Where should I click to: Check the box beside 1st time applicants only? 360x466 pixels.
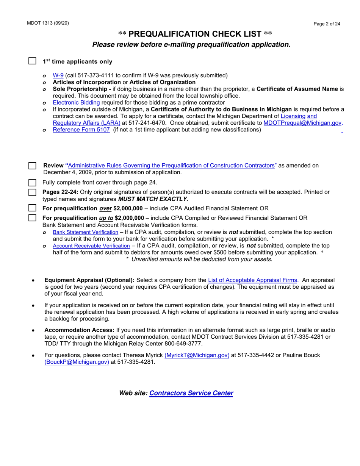point(33,61)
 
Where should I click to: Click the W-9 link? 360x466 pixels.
point(58,75)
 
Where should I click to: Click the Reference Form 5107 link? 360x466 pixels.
point(81,130)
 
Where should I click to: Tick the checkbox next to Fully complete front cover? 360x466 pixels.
point(33,183)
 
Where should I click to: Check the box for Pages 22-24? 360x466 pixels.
point(33,192)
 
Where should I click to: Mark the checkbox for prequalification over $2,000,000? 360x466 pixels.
point(33,208)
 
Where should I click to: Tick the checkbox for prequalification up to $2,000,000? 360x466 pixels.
point(33,218)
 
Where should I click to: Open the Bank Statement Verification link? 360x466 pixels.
point(85,232)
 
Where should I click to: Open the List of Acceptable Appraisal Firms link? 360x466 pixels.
point(253,280)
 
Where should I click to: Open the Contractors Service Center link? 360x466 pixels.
point(191,393)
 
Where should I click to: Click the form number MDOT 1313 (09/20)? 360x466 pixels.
point(48,23)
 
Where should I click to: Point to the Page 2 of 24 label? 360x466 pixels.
point(327,24)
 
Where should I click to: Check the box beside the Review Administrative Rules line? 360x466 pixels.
point(33,166)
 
